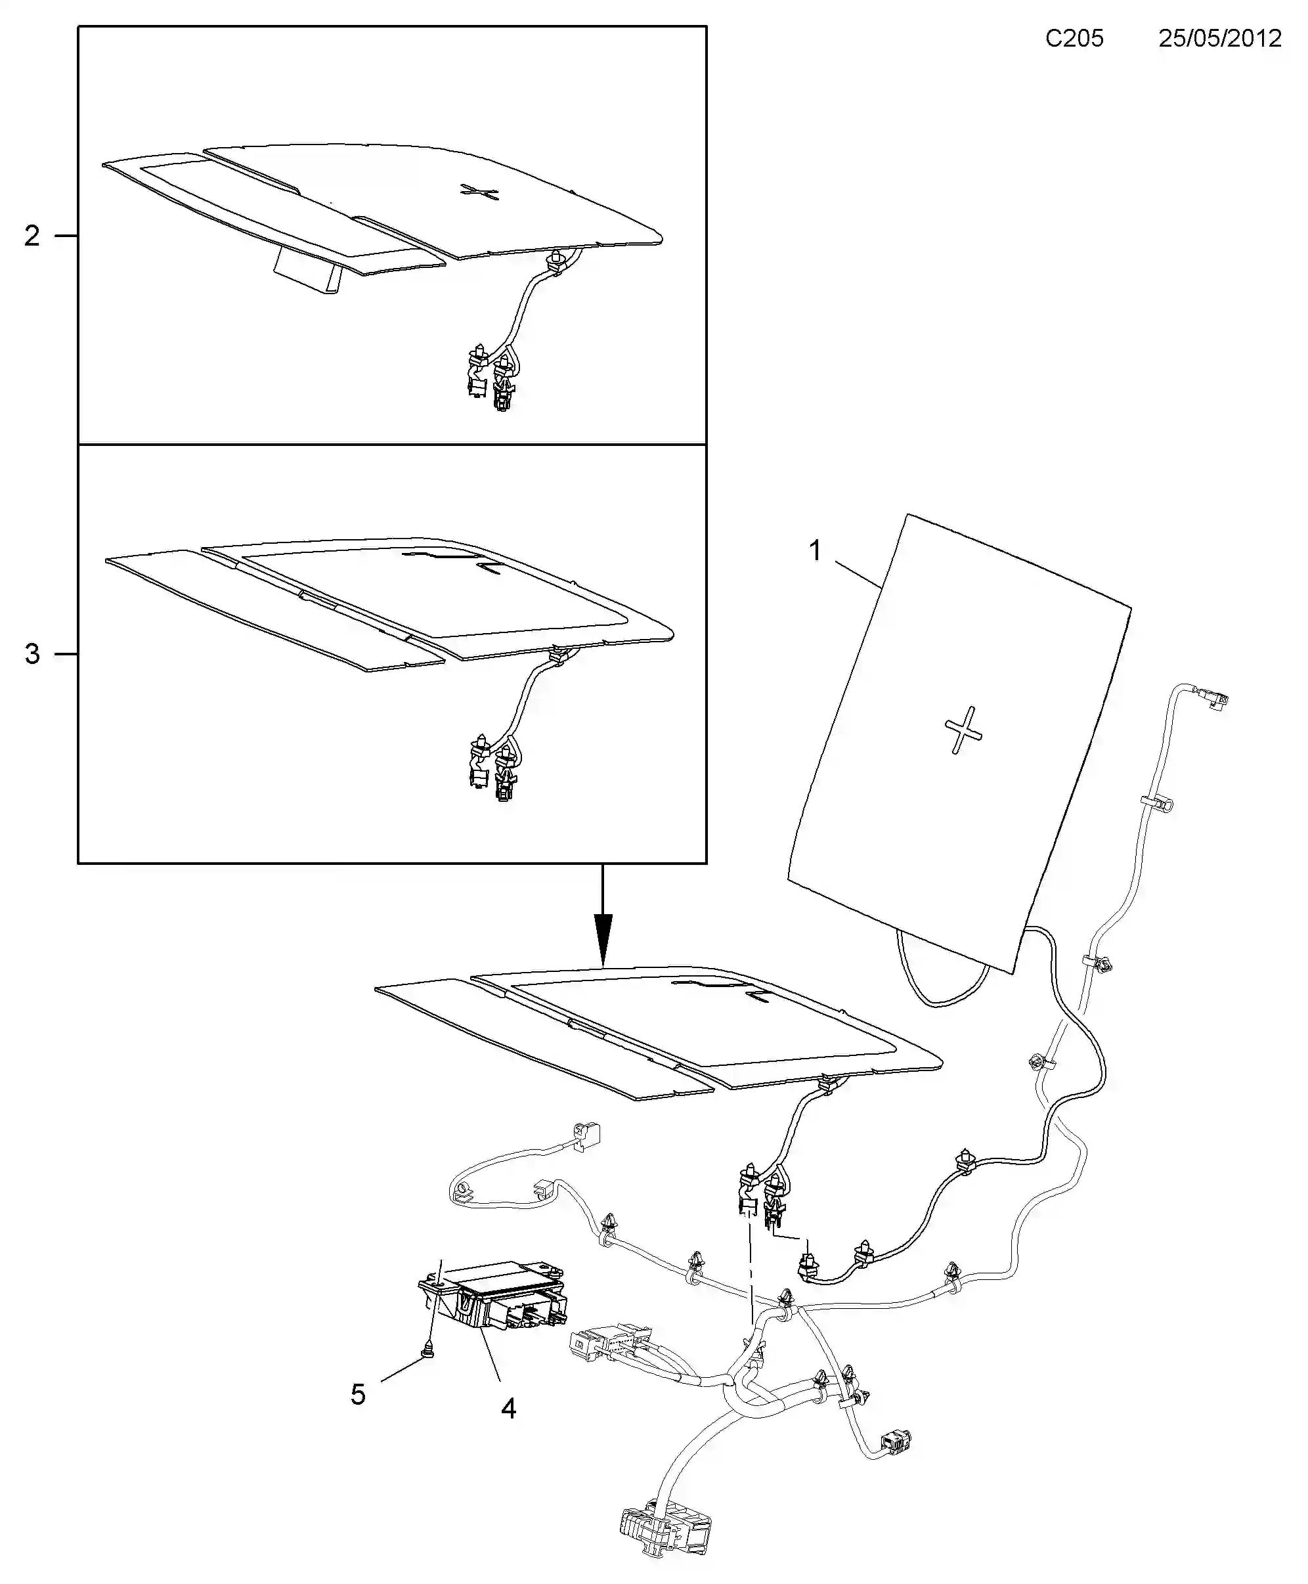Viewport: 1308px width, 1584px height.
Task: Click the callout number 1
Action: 814,551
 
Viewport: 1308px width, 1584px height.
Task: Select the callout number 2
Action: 32,236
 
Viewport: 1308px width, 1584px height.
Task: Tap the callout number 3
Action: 32,654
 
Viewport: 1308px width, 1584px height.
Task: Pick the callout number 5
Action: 358,1394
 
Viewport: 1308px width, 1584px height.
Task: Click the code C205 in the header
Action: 1074,39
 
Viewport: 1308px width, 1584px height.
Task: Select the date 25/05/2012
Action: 1220,39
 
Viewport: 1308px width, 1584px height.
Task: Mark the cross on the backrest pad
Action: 963,730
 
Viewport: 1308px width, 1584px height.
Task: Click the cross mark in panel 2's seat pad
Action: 480,192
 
